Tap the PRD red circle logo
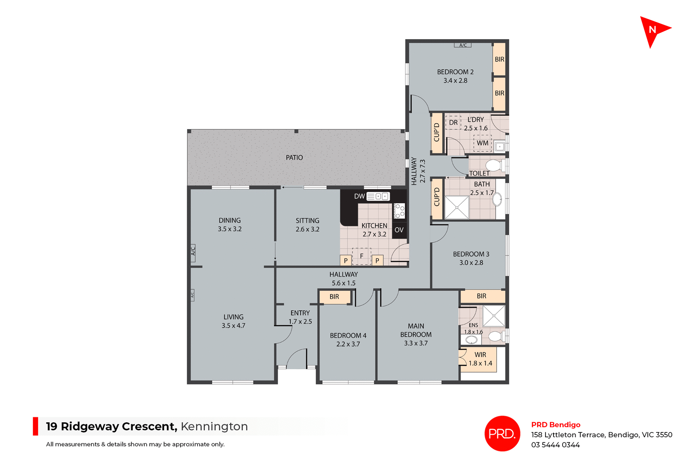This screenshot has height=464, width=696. (502, 433)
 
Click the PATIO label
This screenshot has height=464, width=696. (294, 158)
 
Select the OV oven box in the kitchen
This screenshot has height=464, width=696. (399, 230)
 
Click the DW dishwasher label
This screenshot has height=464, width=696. (359, 196)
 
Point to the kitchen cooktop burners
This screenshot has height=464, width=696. (399, 211)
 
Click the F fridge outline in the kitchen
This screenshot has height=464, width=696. (361, 256)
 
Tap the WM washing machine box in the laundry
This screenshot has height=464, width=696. (482, 143)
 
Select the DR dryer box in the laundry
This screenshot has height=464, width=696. (453, 122)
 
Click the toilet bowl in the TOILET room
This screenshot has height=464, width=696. (493, 166)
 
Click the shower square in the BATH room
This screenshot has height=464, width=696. (457, 208)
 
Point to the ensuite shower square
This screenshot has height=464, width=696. (494, 316)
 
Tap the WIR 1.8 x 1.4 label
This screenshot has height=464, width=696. (480, 359)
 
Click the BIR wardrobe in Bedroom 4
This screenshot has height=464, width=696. (334, 297)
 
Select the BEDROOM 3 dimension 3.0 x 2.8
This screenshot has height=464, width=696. (471, 263)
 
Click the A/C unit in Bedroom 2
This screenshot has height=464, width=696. (463, 45)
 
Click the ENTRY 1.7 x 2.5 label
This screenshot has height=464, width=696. (300, 317)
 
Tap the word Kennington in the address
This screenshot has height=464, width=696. (214, 426)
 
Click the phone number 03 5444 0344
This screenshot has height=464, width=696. (555, 445)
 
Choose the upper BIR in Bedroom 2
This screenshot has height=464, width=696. (499, 59)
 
